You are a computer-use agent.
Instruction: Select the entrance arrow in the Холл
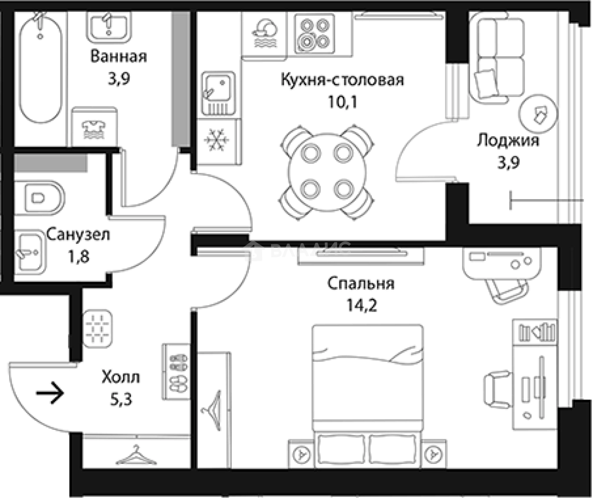tap(50, 393)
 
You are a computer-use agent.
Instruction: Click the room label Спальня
tap(360, 283)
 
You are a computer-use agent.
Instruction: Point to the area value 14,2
tap(362, 305)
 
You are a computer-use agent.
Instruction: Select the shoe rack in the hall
tap(177, 372)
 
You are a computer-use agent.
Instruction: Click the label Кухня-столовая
tap(342, 80)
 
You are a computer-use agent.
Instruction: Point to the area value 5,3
tap(121, 399)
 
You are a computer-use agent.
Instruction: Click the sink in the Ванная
tap(108, 25)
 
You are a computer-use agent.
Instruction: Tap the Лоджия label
tap(508, 140)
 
